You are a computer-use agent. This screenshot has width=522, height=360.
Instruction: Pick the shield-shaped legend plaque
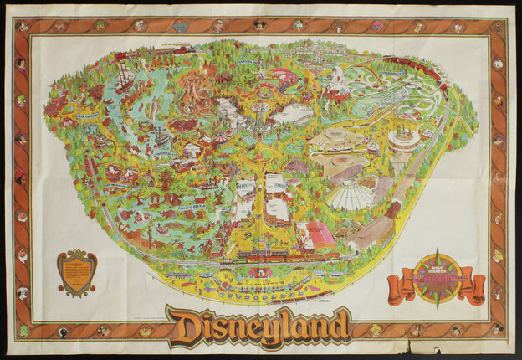pyautogui.click(x=76, y=272)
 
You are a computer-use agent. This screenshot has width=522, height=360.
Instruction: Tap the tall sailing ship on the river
pyautogui.click(x=124, y=77)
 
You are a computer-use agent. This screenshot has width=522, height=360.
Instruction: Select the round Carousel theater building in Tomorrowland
pyautogui.click(x=403, y=140)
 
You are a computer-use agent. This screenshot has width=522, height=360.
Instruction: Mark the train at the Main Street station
pyautogui.click(x=259, y=253)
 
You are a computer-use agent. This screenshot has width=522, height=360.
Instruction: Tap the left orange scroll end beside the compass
pyautogui.click(x=397, y=289)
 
